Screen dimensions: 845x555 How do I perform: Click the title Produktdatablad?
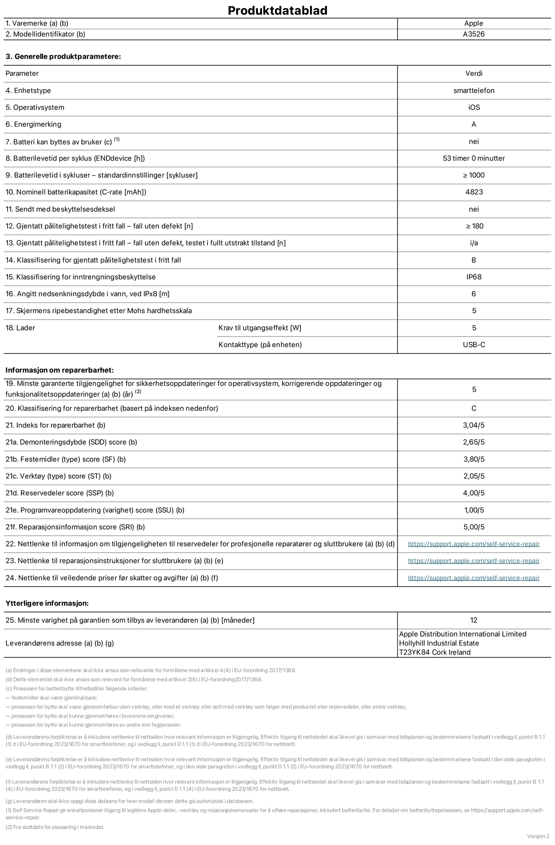click(x=277, y=10)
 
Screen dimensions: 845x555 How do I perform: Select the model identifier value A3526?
click(x=474, y=34)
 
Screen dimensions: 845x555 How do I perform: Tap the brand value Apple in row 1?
click(x=474, y=23)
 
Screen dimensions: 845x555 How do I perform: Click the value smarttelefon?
click(x=474, y=90)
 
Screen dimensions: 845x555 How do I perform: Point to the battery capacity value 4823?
click(x=474, y=192)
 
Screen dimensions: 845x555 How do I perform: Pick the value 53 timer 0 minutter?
click(x=474, y=158)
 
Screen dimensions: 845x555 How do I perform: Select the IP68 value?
click(x=474, y=277)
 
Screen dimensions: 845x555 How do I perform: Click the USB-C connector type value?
click(x=474, y=345)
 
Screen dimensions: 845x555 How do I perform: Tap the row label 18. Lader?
click(x=20, y=328)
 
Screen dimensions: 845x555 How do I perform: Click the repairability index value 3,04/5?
click(x=474, y=425)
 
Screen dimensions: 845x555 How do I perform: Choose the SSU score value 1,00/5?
click(x=474, y=510)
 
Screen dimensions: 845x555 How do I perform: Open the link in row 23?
click(x=474, y=561)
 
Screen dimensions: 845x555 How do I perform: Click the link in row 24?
click(x=474, y=578)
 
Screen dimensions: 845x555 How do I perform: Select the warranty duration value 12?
click(x=474, y=620)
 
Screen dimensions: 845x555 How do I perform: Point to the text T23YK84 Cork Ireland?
click(x=435, y=652)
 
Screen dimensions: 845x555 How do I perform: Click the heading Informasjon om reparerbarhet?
click(x=59, y=370)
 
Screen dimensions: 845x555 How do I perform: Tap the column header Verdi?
click(x=474, y=73)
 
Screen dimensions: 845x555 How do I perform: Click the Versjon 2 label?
click(x=538, y=836)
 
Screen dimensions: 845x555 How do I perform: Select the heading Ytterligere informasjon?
click(x=47, y=603)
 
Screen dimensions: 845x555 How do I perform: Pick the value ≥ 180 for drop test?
click(x=474, y=226)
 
